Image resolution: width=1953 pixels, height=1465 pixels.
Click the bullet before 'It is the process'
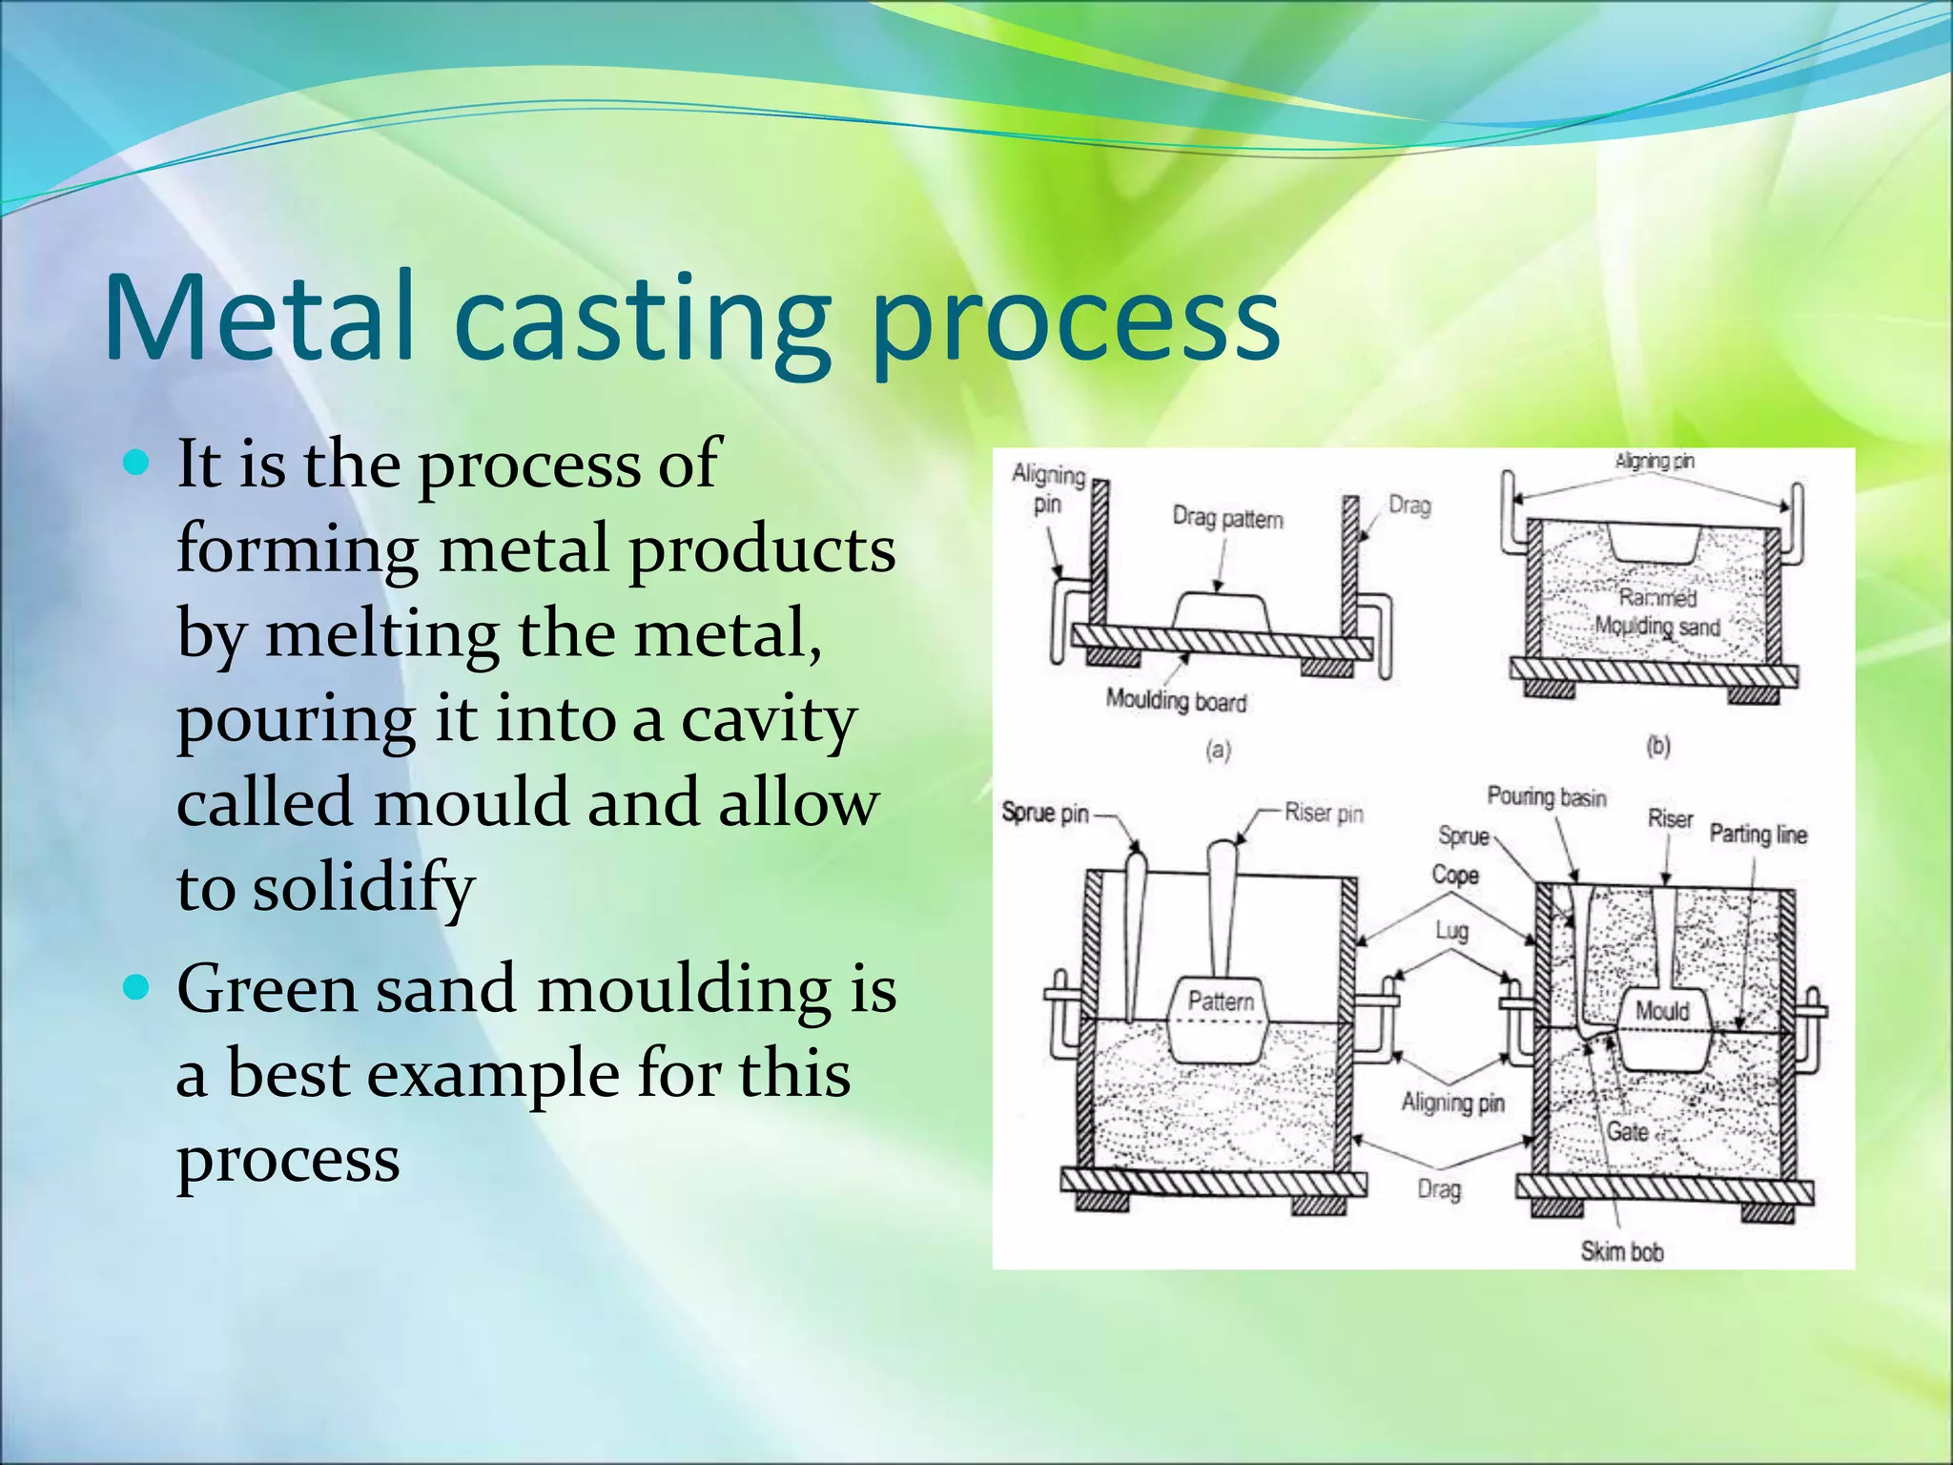point(138,464)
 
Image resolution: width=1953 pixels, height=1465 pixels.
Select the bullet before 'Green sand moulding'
point(138,987)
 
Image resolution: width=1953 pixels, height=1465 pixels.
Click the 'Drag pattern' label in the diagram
point(1227,519)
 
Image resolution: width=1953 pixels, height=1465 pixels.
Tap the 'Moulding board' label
point(1176,701)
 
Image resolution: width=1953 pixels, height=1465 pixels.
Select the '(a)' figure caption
point(1219,751)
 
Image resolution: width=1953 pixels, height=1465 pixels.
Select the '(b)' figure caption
point(1658,746)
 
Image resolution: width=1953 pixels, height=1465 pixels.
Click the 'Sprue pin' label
point(1044,814)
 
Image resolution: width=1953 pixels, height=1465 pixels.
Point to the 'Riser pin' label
point(1324,814)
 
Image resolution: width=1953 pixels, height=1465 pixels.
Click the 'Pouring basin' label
point(1547,796)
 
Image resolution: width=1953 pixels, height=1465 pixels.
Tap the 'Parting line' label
point(1758,835)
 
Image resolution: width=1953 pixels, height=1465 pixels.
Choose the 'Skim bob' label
point(1621,1251)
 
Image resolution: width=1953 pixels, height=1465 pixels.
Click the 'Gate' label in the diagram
point(1627,1132)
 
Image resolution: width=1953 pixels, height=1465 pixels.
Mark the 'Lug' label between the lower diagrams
point(1451,930)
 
